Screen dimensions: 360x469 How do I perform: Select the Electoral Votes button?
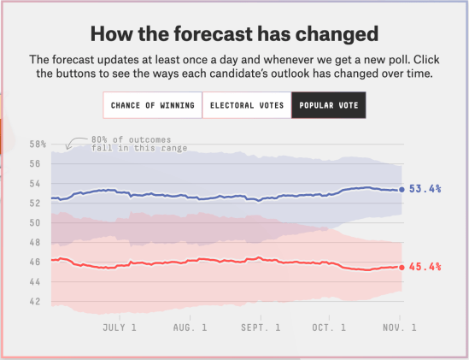point(246,106)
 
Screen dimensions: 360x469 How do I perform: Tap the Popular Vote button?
point(329,106)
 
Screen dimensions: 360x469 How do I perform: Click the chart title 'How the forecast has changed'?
point(235,35)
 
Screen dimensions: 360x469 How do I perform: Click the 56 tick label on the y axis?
point(35,164)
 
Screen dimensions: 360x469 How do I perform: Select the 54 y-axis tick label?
point(35,184)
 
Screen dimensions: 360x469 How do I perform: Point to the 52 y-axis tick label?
point(35,204)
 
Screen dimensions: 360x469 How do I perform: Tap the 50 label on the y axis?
point(35,223)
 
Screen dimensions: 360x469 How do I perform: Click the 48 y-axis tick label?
point(35,243)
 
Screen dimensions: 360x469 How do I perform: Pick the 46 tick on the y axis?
point(35,263)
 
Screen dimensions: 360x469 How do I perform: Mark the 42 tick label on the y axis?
point(35,302)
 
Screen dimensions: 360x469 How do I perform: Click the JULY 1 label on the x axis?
point(120,328)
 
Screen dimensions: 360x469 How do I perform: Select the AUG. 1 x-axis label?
point(190,328)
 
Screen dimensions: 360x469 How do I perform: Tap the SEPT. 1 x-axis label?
point(260,328)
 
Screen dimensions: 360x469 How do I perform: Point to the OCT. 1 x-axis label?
point(329,328)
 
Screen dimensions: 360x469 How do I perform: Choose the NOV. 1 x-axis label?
point(398,328)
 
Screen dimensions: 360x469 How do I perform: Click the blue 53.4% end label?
point(425,189)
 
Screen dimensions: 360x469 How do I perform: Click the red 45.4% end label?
point(425,267)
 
